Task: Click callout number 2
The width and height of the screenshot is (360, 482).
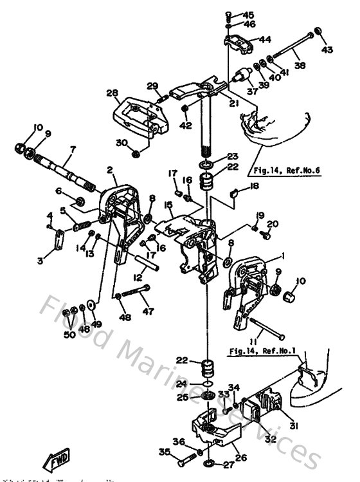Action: click(110, 170)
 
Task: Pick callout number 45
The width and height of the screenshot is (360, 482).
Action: click(249, 15)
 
